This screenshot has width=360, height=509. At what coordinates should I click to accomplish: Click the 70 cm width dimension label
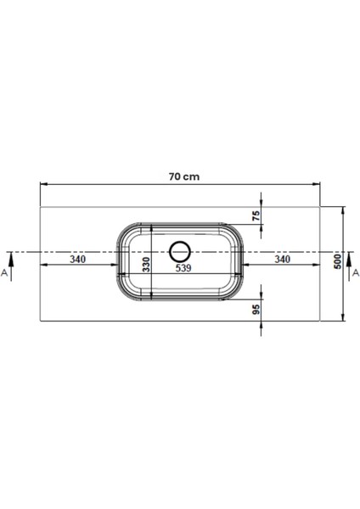click(184, 177)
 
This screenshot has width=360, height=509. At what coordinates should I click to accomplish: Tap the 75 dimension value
click(256, 215)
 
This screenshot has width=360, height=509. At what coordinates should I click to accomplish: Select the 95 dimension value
click(256, 310)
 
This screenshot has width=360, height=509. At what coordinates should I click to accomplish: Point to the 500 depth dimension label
click(338, 261)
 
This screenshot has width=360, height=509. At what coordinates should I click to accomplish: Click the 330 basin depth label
click(147, 265)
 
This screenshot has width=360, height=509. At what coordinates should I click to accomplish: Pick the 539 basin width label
click(183, 268)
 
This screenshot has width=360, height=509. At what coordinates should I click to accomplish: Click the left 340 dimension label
click(78, 260)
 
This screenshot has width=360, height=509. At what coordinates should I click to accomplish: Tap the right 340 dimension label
click(283, 260)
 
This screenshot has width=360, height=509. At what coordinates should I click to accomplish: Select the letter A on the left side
click(4, 272)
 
